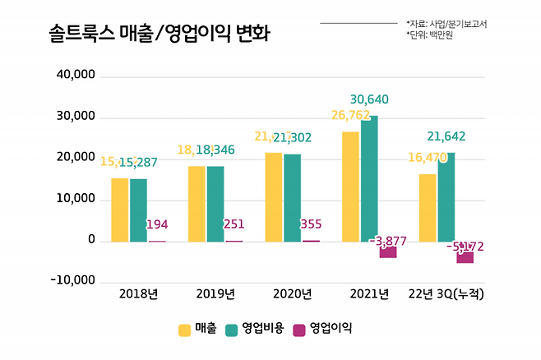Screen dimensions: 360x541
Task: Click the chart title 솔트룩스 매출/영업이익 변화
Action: coord(148,34)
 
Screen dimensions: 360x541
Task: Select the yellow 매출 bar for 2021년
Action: coord(351,187)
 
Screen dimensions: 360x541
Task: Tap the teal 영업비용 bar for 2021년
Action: coord(369,178)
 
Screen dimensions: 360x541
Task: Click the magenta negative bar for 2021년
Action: coord(387,250)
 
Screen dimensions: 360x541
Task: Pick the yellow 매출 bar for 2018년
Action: coord(120,210)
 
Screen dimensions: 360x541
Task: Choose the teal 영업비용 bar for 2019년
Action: coord(215,204)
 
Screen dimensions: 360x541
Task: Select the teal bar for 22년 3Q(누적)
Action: coord(446,197)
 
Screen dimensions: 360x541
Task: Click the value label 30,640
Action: coord(369,99)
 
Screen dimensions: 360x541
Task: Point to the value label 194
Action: coord(157,224)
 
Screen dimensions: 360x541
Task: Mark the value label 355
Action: coord(311,224)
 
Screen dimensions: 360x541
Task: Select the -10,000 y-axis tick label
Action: coord(72,281)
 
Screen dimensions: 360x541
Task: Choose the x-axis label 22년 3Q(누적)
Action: coord(446,294)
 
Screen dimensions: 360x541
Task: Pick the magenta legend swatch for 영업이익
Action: coord(299,330)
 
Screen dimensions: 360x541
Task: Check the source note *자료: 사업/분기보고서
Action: coord(446,24)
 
